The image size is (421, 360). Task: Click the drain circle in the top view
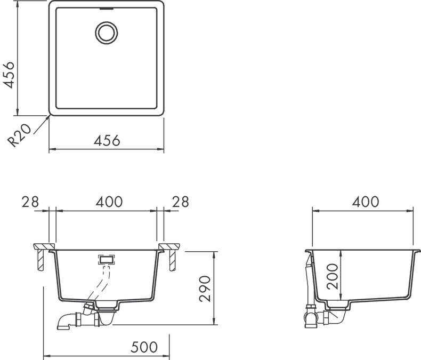(106, 31)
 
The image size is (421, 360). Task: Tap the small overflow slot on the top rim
(106, 9)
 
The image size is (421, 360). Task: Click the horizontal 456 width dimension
(107, 140)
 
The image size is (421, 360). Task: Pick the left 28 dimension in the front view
(30, 202)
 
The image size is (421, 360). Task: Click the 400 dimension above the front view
(109, 202)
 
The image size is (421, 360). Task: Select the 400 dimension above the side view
(365, 202)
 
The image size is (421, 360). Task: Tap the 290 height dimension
(206, 289)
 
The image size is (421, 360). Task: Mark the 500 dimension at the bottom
(144, 347)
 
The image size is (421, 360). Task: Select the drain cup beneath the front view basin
(107, 305)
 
